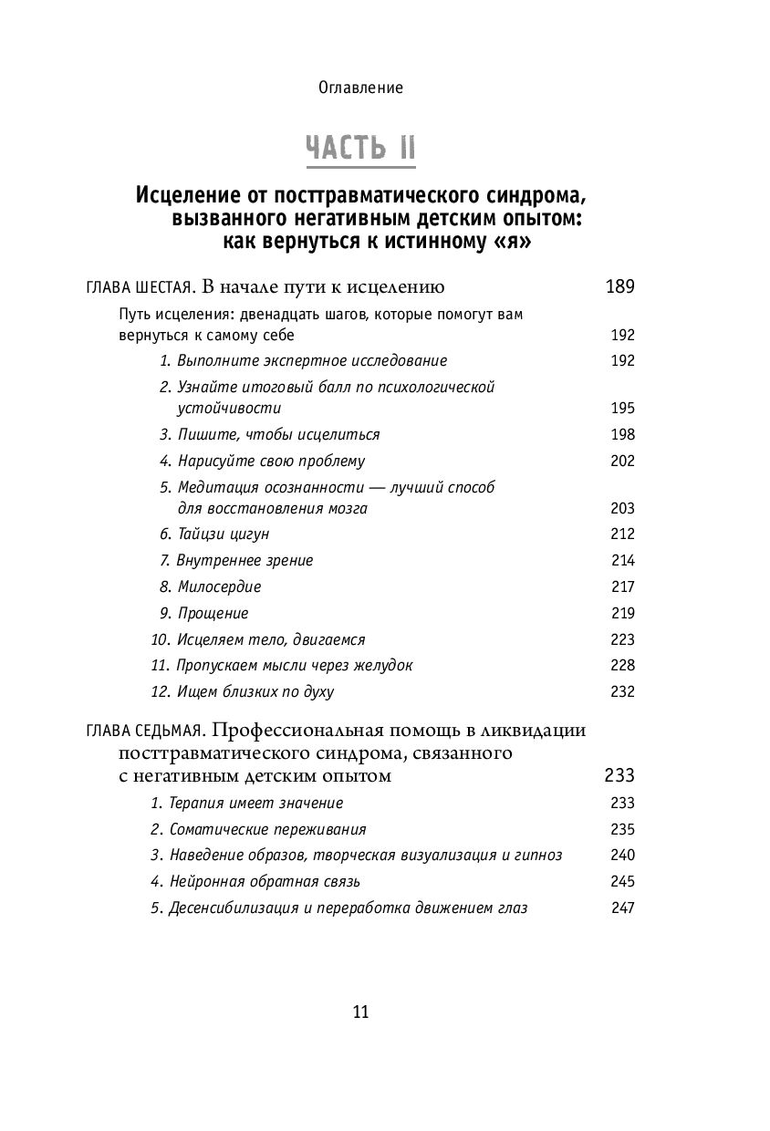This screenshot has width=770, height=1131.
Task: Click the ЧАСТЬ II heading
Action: [360, 148]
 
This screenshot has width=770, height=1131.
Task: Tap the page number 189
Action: [619, 287]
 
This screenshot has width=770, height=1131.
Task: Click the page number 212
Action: [622, 534]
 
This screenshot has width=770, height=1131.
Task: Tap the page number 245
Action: [622, 881]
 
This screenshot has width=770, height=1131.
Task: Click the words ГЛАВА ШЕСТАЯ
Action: [137, 288]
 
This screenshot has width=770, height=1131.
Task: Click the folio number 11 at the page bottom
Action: [359, 1012]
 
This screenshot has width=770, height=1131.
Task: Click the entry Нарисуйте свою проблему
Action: [262, 461]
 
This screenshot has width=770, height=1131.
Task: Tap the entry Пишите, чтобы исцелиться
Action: [269, 434]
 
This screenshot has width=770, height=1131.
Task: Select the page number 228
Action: [622, 666]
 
